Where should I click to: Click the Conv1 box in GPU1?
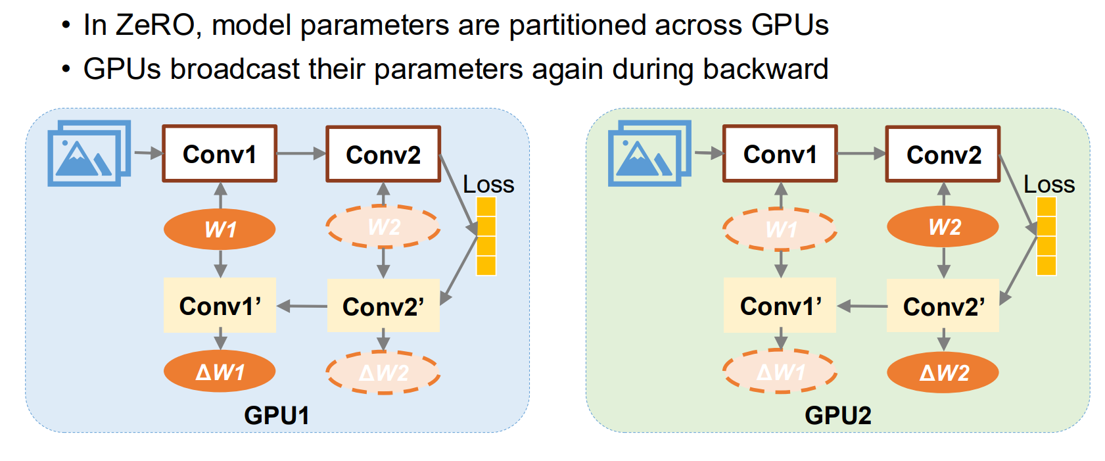point(220,154)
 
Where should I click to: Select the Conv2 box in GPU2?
point(943,155)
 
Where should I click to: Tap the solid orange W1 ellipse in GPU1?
point(220,229)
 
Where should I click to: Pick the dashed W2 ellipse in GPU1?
point(383,227)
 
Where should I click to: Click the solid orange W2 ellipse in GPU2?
point(943,227)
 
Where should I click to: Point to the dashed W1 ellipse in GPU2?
point(780,229)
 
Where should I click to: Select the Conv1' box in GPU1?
point(220,305)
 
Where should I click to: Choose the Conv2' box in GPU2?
point(943,306)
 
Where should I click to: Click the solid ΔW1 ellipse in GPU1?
point(220,372)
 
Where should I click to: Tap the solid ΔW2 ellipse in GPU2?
point(943,372)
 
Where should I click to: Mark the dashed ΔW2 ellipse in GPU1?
point(383,372)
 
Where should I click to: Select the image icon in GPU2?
point(649,153)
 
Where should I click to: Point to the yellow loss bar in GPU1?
point(486,236)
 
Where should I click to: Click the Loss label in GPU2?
point(1049,184)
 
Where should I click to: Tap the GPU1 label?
point(277,415)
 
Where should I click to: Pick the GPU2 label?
point(838,415)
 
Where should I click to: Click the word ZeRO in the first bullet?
point(155,25)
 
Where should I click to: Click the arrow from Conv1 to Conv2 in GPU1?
point(301,154)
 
